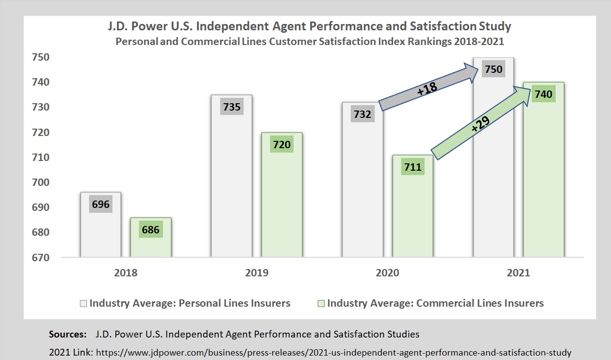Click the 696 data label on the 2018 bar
(101, 203)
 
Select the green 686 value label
(151, 229)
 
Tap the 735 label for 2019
(232, 106)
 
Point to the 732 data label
(362, 115)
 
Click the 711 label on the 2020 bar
(412, 167)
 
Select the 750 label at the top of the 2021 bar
(493, 69)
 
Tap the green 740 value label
(543, 94)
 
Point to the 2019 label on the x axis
(256, 273)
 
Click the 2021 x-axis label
(518, 273)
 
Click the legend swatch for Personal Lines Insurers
(84, 303)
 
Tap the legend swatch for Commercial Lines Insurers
(321, 303)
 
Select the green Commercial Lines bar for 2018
(151, 245)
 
